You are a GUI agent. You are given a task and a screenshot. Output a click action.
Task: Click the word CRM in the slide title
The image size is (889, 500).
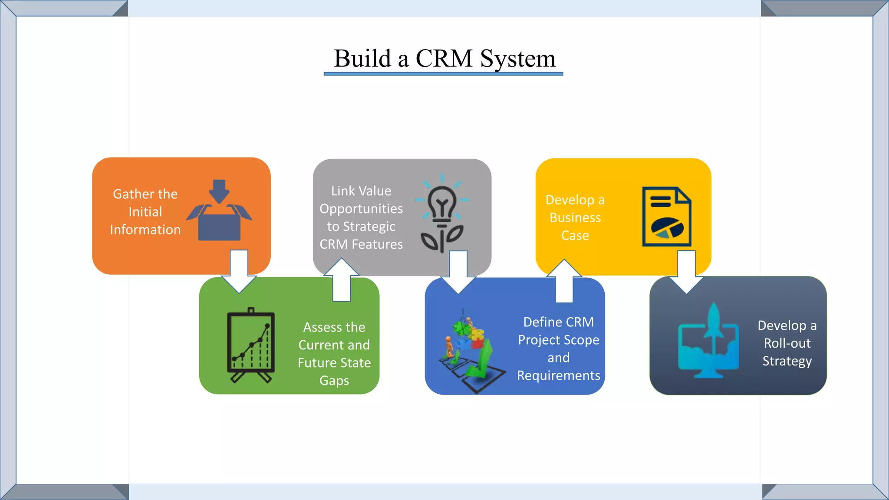coord(444,59)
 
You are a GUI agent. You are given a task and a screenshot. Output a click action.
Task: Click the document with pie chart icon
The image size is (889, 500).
coord(666,217)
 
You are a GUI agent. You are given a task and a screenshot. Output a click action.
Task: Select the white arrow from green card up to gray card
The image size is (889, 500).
coord(342,280)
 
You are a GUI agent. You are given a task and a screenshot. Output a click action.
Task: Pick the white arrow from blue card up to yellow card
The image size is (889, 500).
coord(564,281)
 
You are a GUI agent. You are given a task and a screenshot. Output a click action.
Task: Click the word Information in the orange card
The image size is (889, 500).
coord(145,230)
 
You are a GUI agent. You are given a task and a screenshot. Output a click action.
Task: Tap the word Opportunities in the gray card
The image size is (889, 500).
coord(361,209)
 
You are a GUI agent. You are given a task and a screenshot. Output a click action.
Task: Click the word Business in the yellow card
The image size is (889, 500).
coord(575,217)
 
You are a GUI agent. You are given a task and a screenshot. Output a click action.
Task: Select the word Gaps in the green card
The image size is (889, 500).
coord(334,381)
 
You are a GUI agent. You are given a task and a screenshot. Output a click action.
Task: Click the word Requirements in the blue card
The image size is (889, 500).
coord(558,375)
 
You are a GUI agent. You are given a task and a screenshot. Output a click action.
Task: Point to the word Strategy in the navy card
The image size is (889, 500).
coord(787,361)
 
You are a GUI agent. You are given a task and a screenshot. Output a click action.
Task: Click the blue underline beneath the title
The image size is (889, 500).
coord(443,74)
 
